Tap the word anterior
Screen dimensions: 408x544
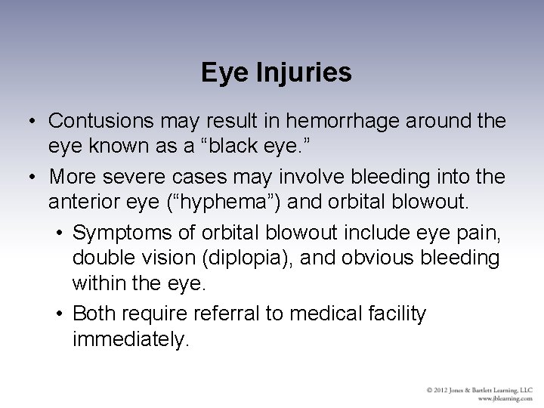[84, 202]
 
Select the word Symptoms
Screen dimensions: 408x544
[122, 229]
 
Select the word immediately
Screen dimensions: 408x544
[129, 340]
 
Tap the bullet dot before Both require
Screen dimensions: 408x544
[60, 313]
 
